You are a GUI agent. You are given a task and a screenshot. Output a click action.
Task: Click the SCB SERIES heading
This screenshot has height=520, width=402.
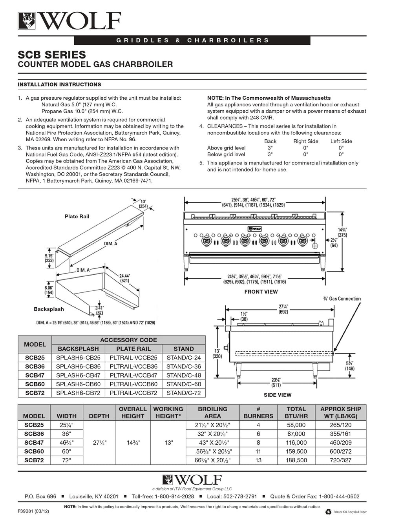(x=52, y=54)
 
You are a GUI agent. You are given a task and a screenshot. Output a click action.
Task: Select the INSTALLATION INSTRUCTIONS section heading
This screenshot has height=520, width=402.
(x=59, y=84)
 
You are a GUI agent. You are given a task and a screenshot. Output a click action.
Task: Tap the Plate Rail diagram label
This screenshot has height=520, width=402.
(x=77, y=216)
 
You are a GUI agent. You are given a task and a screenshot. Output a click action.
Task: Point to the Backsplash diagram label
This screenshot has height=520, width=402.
(x=49, y=309)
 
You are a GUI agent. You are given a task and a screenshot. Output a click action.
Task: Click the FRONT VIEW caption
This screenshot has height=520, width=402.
(x=261, y=292)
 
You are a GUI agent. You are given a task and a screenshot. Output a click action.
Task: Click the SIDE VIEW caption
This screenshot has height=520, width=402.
(x=278, y=395)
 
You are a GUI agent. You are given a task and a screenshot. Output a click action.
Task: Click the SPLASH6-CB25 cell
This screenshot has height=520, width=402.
(x=78, y=358)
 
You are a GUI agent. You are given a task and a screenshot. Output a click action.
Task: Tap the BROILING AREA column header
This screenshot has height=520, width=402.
(x=213, y=412)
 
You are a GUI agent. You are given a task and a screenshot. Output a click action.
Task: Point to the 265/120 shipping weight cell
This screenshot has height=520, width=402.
(x=341, y=425)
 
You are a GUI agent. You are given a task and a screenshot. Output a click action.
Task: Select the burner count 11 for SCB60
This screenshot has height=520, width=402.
(x=258, y=451)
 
